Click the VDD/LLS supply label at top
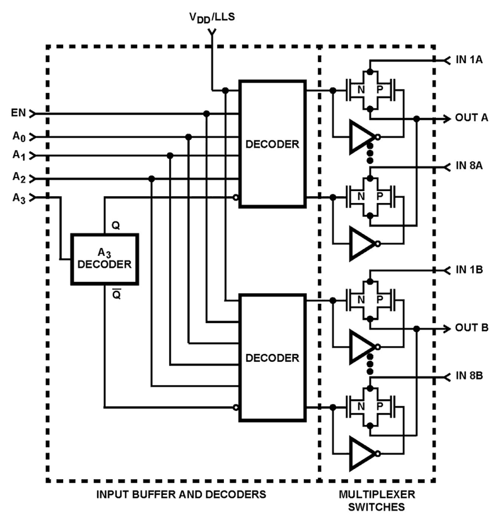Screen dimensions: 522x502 tap(212, 17)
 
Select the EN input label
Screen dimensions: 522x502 tap(18, 113)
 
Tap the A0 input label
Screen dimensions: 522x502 tap(19, 137)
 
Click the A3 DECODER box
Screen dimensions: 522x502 tap(104, 259)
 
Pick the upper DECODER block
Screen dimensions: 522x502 tap(272, 144)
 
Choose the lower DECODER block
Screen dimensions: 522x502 tap(272, 358)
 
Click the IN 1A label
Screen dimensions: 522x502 tap(469, 60)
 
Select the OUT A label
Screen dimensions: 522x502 tap(471, 118)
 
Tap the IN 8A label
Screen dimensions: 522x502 tap(469, 165)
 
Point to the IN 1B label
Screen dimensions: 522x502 tap(469, 270)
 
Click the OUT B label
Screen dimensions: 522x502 tap(471, 328)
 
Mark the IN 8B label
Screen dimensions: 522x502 tap(469, 376)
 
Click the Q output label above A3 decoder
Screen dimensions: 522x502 tap(116, 226)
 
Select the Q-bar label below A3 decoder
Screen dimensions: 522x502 tap(116, 295)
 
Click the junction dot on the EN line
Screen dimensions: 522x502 tap(207, 114)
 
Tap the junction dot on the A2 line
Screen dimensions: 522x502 tap(151, 179)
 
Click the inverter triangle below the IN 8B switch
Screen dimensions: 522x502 tap(362, 453)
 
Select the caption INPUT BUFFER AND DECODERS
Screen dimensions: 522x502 tap(181, 494)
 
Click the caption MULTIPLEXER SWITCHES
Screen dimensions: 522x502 tap(376, 500)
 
